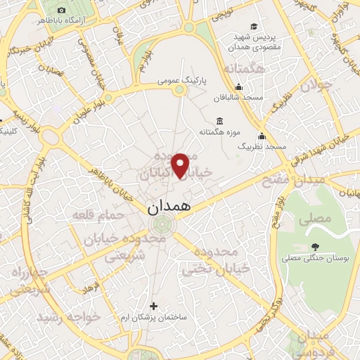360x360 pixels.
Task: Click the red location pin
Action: click(181, 165)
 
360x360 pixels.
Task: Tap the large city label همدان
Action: click(169, 208)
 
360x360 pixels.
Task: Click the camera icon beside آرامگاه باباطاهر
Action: click(61, 11)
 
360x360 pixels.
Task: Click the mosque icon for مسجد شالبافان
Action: click(238, 87)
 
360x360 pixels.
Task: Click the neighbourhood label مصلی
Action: click(314, 219)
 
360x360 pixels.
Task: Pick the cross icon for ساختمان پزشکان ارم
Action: click(154, 306)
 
